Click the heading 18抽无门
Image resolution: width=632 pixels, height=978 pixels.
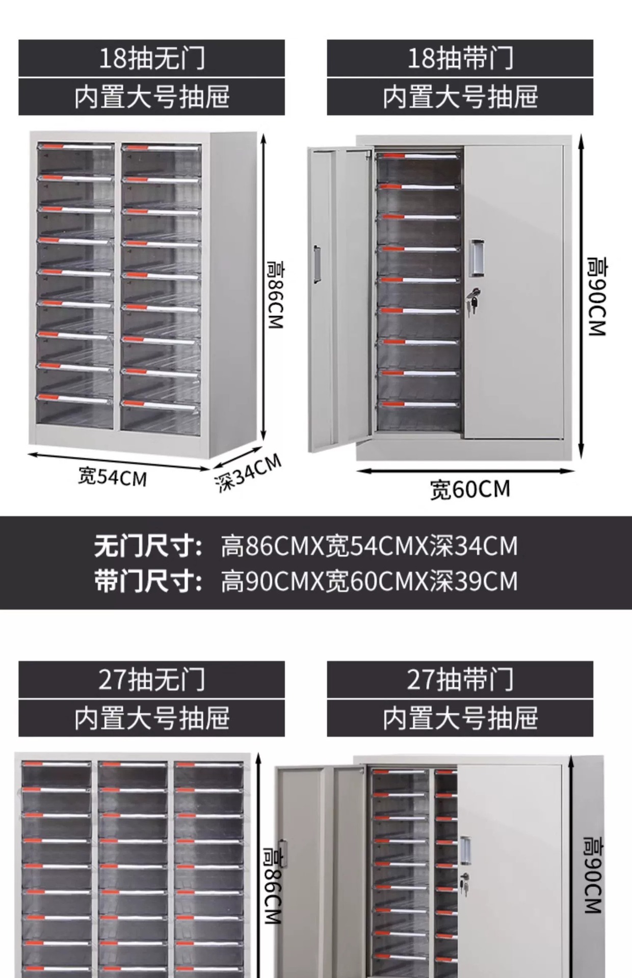tap(151, 58)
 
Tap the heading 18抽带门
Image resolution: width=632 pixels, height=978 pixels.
tap(460, 58)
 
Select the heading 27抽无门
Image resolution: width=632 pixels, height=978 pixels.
tap(151, 680)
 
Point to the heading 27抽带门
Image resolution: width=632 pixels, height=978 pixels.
tap(460, 680)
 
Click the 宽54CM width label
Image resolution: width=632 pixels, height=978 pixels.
tap(112, 477)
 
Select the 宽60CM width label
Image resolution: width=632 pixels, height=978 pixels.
tap(469, 490)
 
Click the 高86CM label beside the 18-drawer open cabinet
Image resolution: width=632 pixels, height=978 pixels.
tap(276, 295)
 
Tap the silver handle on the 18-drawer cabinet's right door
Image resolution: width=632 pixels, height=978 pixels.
tap(476, 258)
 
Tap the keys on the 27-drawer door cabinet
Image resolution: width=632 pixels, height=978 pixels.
tap(464, 883)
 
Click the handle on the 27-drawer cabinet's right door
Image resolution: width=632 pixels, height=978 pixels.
tap(465, 850)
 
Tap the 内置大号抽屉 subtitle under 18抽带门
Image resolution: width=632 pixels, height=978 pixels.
tap(460, 97)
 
